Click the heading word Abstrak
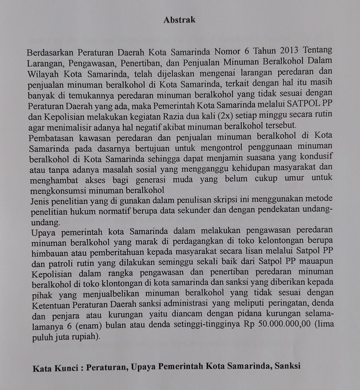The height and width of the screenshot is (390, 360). [179, 20]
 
